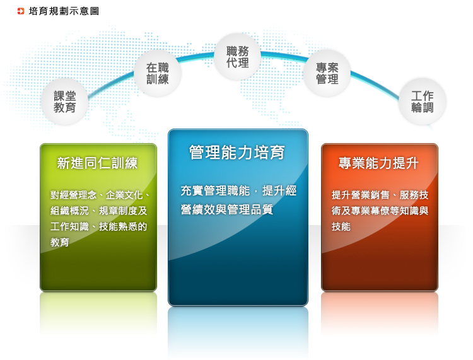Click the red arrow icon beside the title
coord(21,11)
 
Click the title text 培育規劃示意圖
coord(64,11)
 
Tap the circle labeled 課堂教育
coord(64,102)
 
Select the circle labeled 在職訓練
coord(158,73)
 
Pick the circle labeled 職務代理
coord(237,57)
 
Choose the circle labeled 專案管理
coord(327,73)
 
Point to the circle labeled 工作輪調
coord(423,102)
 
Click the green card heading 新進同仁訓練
coord(97,163)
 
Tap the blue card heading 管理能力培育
coord(237,153)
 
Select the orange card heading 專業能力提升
coord(378,163)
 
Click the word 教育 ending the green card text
coord(60,242)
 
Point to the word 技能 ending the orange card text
coord(341,226)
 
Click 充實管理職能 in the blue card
coord(215,191)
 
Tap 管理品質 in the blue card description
coord(250,209)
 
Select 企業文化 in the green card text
coord(124,195)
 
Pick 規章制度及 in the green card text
coord(123,211)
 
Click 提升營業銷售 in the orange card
coord(361,195)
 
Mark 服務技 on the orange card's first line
coord(414,195)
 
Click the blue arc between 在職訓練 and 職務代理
coord(197,56)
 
